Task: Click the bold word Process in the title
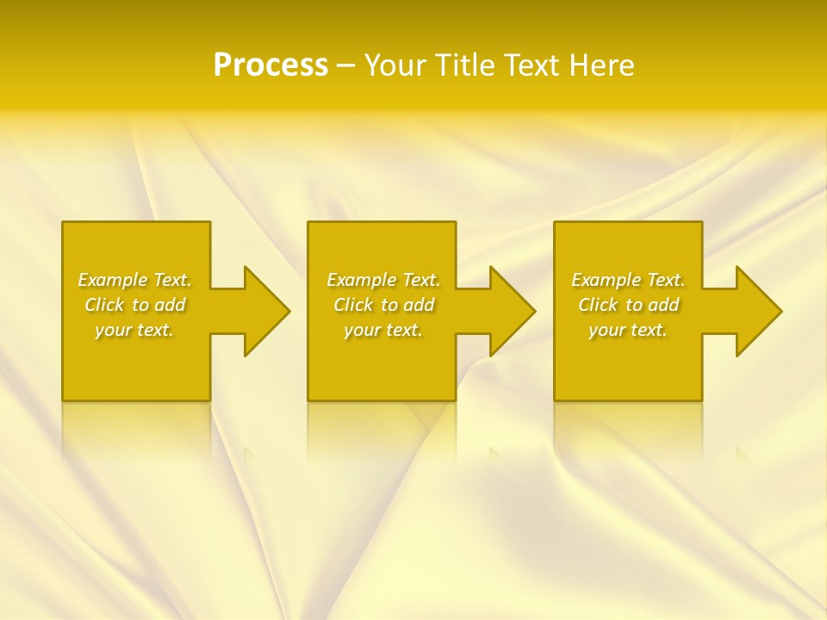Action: click(x=270, y=65)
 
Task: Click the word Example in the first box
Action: click(x=113, y=280)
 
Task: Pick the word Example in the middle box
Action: click(x=362, y=280)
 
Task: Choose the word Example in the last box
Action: click(x=606, y=280)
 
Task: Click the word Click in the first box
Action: click(x=104, y=305)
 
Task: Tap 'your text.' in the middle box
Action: click(x=383, y=330)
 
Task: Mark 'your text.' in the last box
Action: click(x=628, y=330)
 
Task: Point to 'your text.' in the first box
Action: click(x=134, y=330)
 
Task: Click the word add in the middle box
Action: click(x=419, y=305)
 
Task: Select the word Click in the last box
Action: click(x=598, y=305)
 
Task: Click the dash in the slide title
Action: click(x=346, y=65)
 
